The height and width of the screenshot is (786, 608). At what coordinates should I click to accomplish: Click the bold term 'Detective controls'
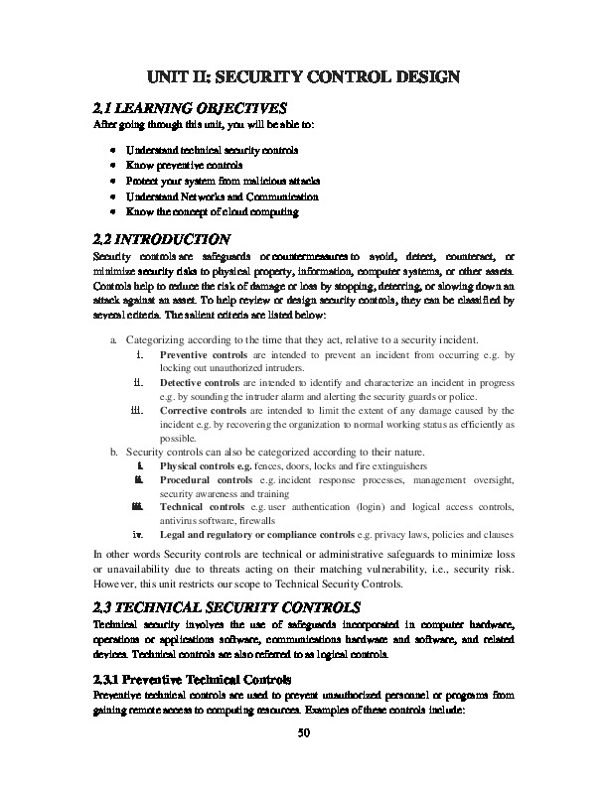200,380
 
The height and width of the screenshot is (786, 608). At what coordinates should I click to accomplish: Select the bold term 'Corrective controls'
202,409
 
